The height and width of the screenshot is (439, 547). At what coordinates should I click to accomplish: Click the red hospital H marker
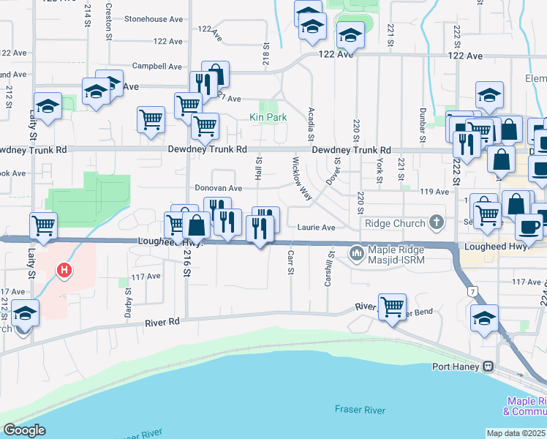click(x=64, y=271)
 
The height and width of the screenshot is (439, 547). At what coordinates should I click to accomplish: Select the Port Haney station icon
click(x=488, y=367)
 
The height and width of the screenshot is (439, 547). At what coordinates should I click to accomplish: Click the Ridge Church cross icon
click(x=436, y=221)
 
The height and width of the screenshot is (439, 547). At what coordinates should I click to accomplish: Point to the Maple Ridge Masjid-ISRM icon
click(x=357, y=253)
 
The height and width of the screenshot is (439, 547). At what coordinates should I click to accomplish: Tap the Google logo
click(x=24, y=430)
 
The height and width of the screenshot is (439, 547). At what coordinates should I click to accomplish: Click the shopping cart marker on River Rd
click(x=393, y=306)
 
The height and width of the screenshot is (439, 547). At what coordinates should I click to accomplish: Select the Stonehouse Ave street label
click(x=153, y=19)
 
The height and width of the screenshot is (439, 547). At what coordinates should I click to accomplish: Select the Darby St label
click(x=128, y=301)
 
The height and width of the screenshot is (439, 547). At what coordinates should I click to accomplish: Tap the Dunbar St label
click(x=423, y=124)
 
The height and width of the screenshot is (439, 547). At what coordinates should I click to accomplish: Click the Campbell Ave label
click(x=156, y=66)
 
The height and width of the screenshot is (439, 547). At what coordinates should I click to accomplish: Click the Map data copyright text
click(x=516, y=433)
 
